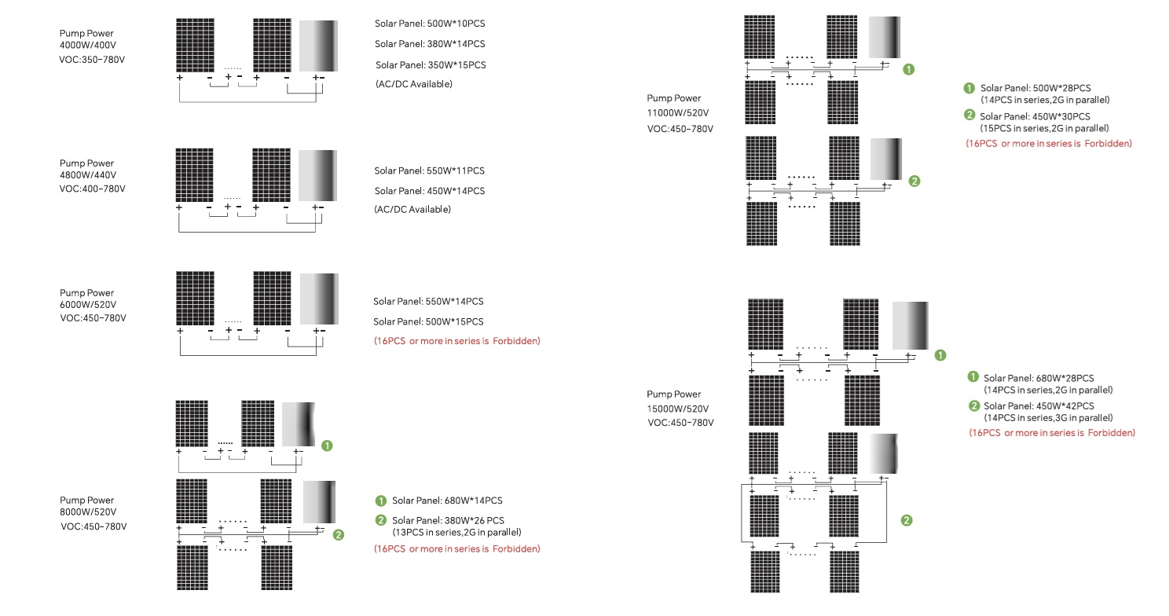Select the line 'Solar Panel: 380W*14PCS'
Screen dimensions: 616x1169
pos(430,44)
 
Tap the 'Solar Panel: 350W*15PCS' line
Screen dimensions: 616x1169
pos(431,64)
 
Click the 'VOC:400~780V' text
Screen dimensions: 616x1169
pos(93,189)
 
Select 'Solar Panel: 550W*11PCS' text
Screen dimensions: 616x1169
pos(429,170)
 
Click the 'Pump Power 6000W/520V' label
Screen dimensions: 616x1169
pos(88,299)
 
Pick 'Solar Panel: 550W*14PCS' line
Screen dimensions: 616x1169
pos(428,301)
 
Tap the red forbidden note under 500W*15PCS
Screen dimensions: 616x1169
pos(456,341)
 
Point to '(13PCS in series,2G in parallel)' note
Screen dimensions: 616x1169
pos(456,532)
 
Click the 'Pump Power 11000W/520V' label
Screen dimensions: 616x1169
pos(676,105)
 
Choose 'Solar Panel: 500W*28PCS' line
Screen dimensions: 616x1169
pos(1035,88)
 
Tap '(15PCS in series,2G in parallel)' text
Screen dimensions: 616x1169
pos(1044,128)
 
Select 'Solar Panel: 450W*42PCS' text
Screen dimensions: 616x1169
pos(1038,405)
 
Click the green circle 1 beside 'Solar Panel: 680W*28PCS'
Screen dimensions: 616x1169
pos(973,377)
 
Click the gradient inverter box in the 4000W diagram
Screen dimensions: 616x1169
pos(318,46)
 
